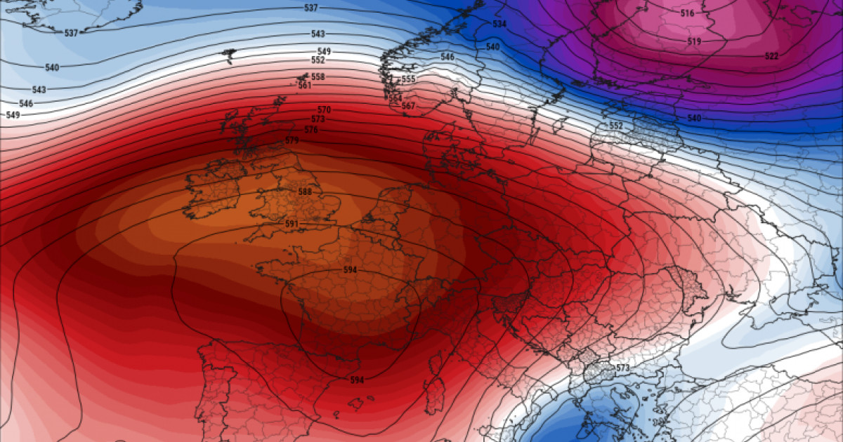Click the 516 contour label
[687, 13]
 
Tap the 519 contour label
[694, 42]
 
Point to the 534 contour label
[499, 24]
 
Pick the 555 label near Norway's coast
[408, 79]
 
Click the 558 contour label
[318, 76]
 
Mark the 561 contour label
[304, 86]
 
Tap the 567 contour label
[408, 106]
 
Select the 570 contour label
[324, 110]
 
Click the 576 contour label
[311, 130]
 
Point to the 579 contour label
[292, 141]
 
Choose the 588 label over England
[305, 192]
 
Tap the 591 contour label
[292, 225]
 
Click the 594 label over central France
[350, 270]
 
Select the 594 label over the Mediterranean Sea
[357, 380]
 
